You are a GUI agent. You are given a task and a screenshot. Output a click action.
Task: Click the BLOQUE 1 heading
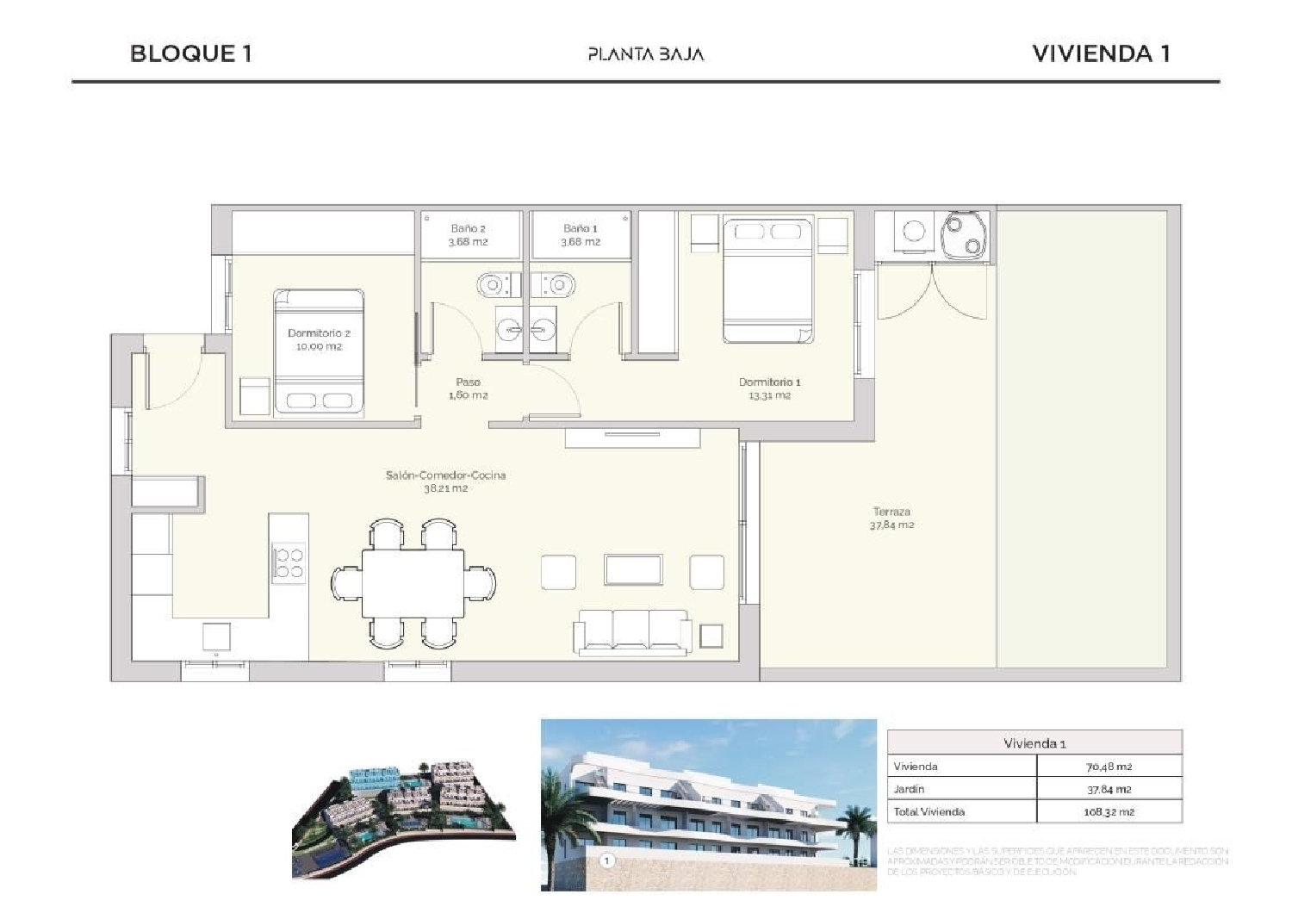pos(190,53)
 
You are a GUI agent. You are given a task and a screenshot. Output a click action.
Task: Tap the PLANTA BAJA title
pos(645,54)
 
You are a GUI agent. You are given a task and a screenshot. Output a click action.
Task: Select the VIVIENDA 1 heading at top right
pos(1100,53)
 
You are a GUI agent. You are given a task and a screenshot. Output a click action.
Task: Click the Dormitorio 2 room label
pos(319,339)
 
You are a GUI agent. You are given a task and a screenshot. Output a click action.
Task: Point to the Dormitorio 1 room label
pos(769,388)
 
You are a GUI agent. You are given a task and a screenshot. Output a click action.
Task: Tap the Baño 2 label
pos(468,235)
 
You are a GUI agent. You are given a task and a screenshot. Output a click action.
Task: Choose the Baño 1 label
pos(580,235)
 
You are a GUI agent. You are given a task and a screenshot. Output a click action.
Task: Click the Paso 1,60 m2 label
pos(468,388)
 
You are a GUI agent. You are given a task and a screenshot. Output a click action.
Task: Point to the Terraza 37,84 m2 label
pos(891,518)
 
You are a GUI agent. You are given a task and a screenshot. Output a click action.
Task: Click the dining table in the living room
pos(413,583)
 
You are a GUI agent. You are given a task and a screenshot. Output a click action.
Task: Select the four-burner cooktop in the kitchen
pos(289,562)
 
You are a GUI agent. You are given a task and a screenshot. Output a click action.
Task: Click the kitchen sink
pos(216,637)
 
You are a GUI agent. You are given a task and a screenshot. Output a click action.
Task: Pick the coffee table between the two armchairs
pos(633,570)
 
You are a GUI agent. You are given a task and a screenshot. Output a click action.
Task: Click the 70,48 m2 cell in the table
pos(1109,767)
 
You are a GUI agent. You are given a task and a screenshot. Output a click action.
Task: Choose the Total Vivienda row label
pos(929,811)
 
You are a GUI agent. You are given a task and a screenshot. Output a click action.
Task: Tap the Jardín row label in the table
pos(909,789)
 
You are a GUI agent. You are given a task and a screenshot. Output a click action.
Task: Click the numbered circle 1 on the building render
pos(607,860)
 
